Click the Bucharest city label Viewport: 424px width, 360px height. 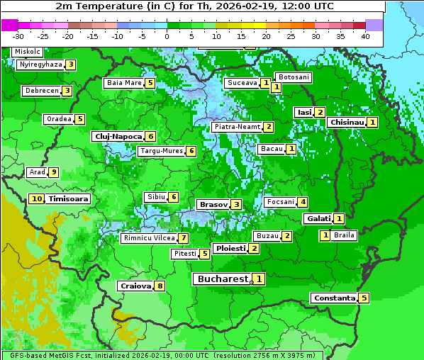point(222,279)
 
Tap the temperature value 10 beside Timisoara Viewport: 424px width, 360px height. point(37,199)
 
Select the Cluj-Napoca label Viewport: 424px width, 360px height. point(118,136)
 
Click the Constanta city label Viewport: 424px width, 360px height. point(334,298)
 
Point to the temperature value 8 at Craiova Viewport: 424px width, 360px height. point(160,286)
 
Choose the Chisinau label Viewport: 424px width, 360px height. point(347,122)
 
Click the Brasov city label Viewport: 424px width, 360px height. point(213,204)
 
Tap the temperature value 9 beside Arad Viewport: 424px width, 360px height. point(53,172)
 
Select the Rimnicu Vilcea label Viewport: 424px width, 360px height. point(147,238)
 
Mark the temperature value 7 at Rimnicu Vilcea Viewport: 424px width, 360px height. point(183,238)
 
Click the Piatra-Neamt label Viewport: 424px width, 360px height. point(237,127)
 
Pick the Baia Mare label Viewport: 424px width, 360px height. point(124,83)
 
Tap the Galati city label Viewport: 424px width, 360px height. point(318,219)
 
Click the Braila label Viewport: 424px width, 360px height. point(344,235)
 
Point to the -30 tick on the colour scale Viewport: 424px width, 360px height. point(18,36)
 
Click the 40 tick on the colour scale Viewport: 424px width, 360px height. point(365,36)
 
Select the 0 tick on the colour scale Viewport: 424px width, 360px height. point(167,36)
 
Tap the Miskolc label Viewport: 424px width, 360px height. point(27,52)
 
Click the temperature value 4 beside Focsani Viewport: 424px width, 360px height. point(303,202)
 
